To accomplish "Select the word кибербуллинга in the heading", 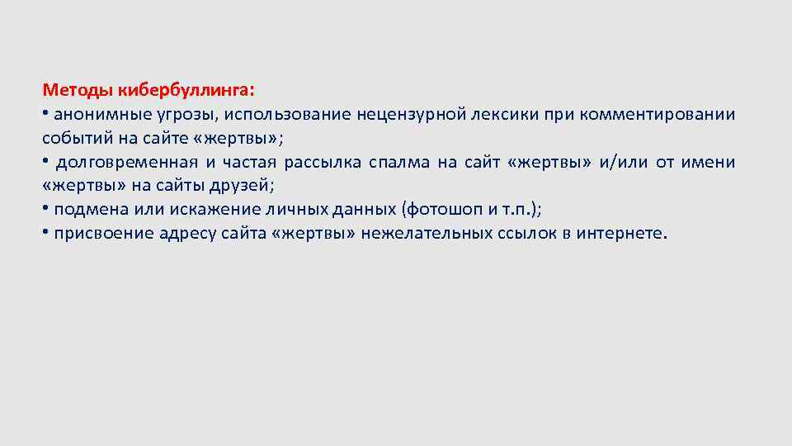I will pos(186,88).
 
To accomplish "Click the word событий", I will pos(73,137).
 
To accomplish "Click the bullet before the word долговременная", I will pos(45,161).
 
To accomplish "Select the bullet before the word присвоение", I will pos(45,233).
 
